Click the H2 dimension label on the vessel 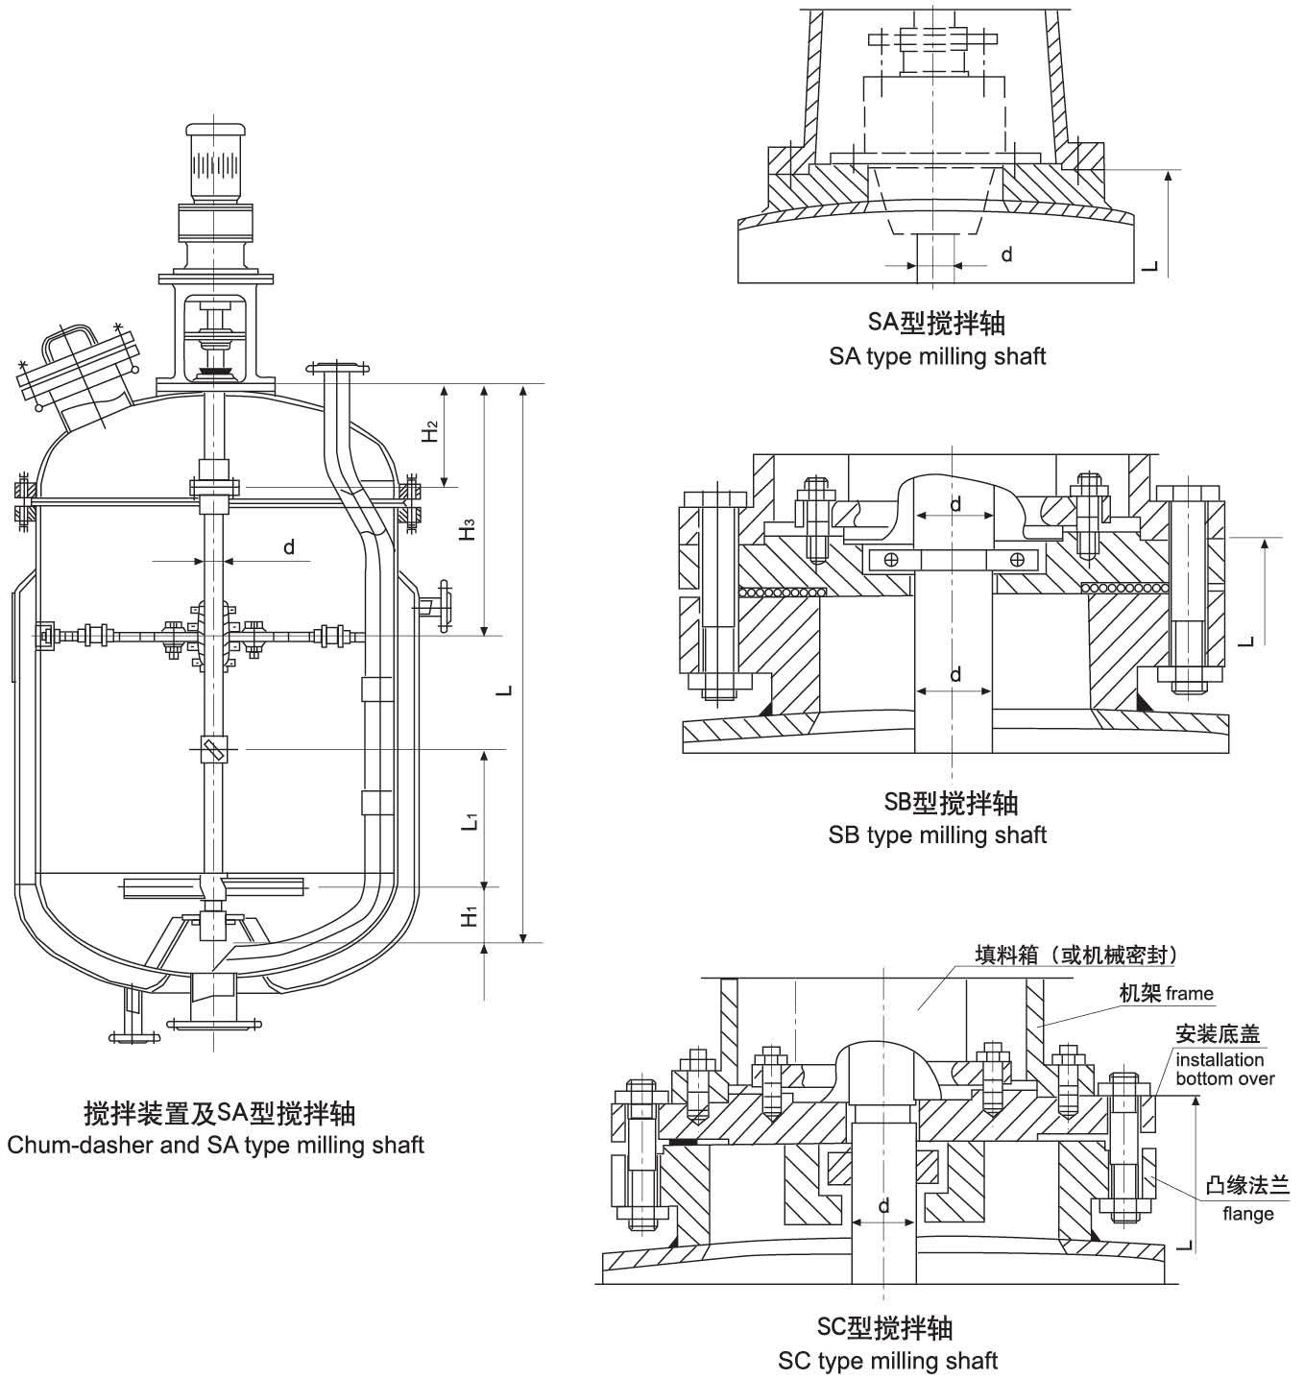[431, 431]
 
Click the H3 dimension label [468, 529]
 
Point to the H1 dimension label [469, 916]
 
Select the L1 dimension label [469, 821]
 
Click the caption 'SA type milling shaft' [936, 357]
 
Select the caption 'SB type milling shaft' [936, 835]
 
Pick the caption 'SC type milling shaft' [887, 1361]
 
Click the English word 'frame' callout [1191, 994]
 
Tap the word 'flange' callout [1247, 1214]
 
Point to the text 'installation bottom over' [1224, 1069]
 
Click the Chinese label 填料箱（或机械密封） [1075, 955]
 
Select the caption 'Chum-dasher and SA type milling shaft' [215, 1145]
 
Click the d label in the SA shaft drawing [1006, 254]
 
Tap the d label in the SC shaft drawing [883, 1205]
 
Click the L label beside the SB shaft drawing [1245, 640]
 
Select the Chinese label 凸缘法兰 [1247, 1186]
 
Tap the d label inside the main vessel [288, 547]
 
